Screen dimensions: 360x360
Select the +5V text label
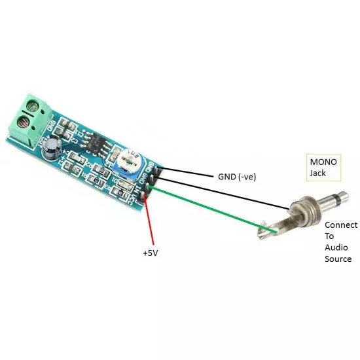(x=151, y=252)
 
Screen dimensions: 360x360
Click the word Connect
(x=341, y=225)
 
